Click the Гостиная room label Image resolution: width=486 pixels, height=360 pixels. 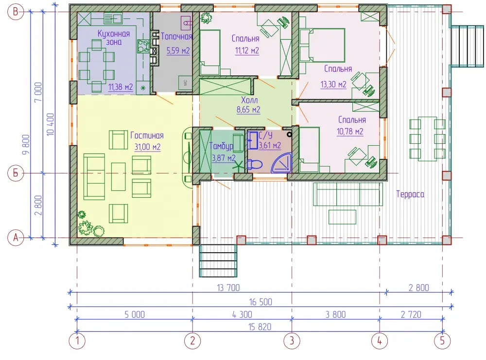[x=147, y=136]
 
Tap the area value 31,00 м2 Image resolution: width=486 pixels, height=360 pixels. [x=147, y=147]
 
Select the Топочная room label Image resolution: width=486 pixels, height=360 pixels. [x=177, y=36]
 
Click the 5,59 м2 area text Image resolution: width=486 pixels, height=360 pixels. [x=178, y=50]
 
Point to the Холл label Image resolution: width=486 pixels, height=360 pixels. [x=249, y=100]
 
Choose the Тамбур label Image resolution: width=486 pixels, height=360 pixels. [x=221, y=146]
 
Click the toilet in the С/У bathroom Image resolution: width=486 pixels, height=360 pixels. [x=255, y=164]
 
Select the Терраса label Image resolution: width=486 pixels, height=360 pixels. [x=410, y=194]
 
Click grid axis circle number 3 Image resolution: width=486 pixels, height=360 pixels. [x=292, y=341]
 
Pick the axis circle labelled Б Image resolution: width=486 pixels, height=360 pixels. [x=16, y=173]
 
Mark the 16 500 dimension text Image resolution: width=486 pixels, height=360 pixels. [x=260, y=302]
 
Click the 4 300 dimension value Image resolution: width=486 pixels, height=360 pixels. [x=242, y=314]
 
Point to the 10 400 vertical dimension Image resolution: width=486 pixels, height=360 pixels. [x=50, y=124]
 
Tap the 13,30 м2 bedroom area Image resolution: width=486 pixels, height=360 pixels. [x=333, y=84]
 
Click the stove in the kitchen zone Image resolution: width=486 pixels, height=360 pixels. [x=143, y=47]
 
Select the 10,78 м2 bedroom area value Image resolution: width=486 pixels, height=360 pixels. [x=350, y=131]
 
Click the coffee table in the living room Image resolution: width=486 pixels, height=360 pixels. [x=119, y=176]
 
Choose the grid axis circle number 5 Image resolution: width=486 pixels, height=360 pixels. [x=442, y=341]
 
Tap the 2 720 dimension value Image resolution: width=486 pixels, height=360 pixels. [x=411, y=314]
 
